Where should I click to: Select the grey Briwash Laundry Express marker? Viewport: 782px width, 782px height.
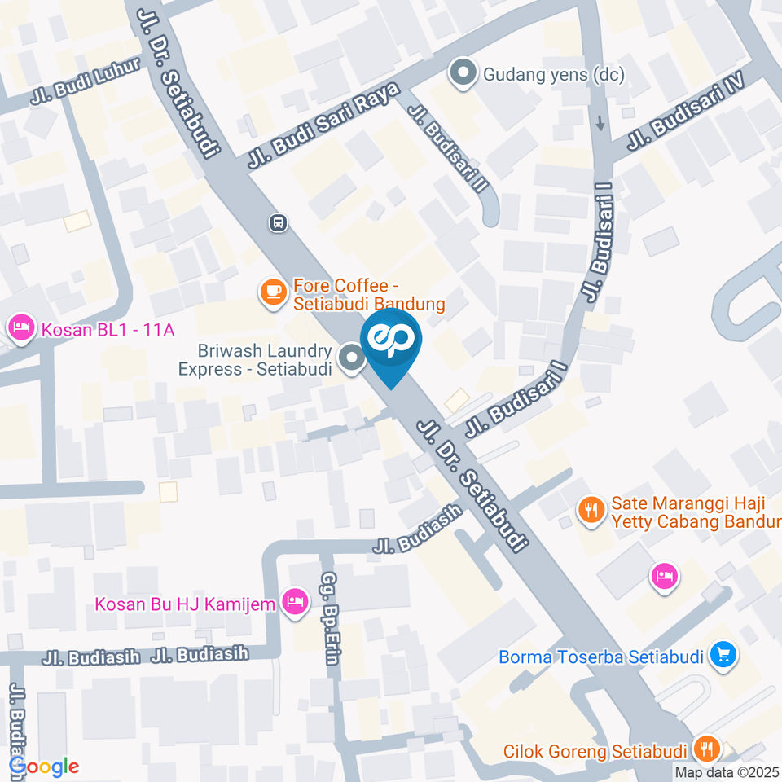click(352, 358)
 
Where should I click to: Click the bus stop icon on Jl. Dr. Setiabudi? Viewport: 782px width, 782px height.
click(279, 222)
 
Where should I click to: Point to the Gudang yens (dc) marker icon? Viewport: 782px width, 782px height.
click(463, 75)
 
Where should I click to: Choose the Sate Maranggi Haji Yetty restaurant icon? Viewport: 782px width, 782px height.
click(590, 510)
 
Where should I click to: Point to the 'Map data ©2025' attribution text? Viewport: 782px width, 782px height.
click(726, 771)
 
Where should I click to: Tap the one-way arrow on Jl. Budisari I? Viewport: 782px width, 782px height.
click(600, 123)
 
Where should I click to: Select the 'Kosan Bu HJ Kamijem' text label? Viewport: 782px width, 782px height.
click(185, 604)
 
